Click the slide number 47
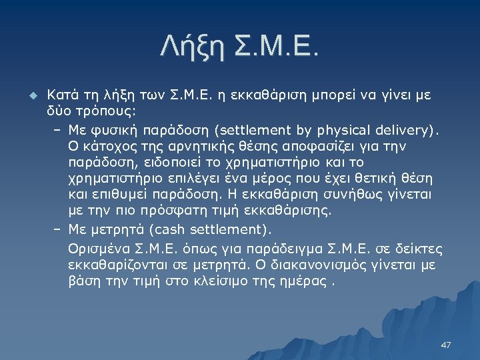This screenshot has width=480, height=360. [446, 345]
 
